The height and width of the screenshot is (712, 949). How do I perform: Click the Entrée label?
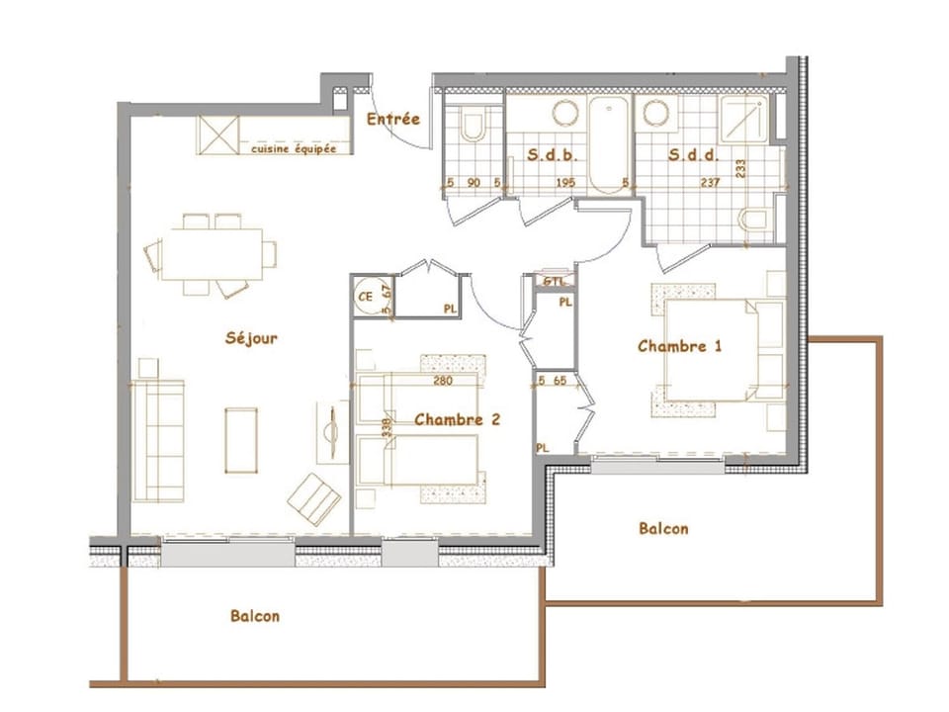(392, 120)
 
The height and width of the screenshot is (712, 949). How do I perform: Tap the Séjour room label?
(251, 338)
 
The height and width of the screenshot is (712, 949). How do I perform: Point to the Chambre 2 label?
(457, 419)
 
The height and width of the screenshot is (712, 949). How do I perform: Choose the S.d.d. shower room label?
(692, 155)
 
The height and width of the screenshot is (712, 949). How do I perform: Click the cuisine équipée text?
(294, 148)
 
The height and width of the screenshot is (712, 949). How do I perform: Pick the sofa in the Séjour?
(159, 440)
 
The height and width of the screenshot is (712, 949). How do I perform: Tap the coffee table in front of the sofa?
(240, 440)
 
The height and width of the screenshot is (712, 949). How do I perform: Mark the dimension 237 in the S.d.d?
(709, 182)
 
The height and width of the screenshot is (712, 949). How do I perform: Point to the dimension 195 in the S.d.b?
(564, 182)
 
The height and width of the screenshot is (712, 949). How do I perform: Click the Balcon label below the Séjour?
(255, 616)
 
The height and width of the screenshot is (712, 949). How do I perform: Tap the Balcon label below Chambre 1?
(663, 529)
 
